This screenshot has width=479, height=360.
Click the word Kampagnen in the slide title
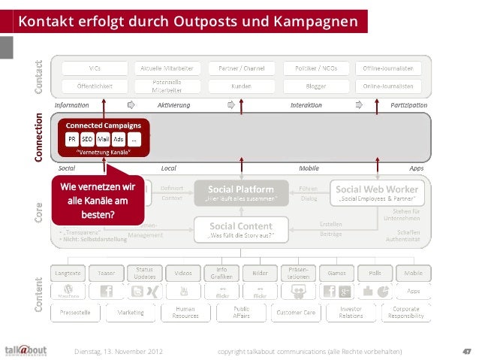[315, 21]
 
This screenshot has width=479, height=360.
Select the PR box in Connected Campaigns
[71, 139]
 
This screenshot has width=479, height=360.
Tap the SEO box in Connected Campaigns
[87, 139]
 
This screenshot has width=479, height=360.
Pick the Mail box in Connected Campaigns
[104, 139]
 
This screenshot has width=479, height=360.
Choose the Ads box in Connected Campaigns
[119, 139]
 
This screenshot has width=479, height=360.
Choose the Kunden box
[241, 86]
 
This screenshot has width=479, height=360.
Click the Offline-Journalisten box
[393, 67]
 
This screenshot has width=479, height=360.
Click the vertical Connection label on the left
[38, 138]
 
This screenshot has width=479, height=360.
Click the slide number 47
[465, 350]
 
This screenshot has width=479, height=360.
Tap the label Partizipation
[409, 104]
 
